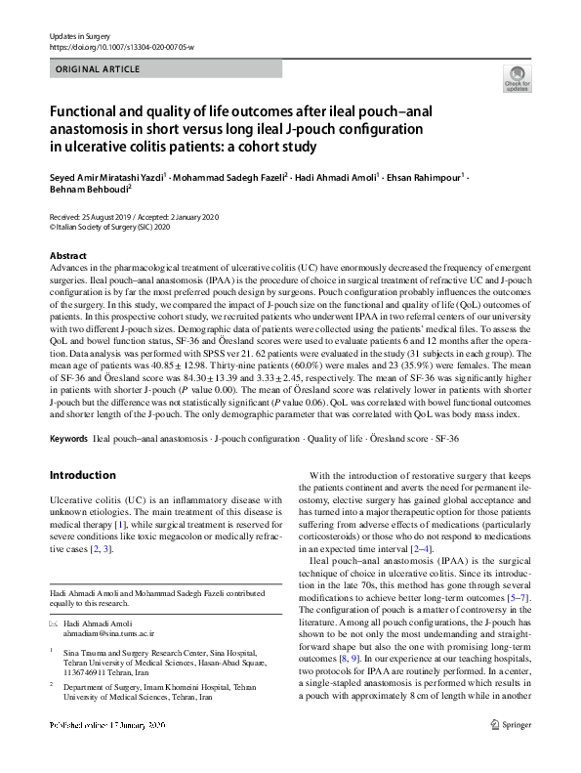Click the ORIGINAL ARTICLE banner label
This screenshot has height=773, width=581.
coord(99,69)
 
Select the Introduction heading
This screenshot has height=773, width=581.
coord(82,476)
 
